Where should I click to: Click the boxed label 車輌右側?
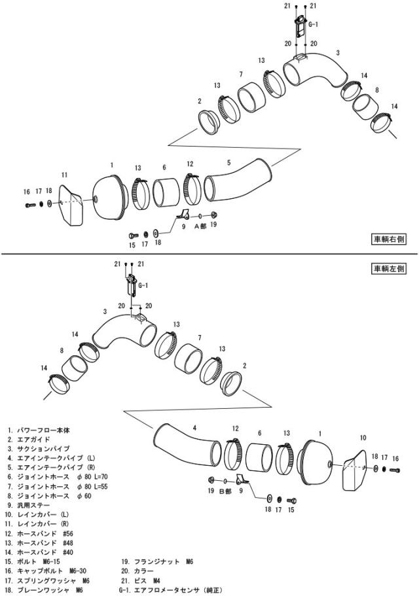point(389,239)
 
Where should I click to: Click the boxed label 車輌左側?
point(389,269)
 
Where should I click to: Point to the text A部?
point(200,226)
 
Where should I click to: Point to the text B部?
point(225,491)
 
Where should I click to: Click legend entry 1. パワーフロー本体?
point(39,430)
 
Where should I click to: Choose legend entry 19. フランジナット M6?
point(157,561)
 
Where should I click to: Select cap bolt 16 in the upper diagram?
point(30,205)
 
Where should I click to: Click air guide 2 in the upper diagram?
point(209,122)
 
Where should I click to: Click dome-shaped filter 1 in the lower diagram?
point(316,461)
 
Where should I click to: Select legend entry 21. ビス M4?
point(141,581)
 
